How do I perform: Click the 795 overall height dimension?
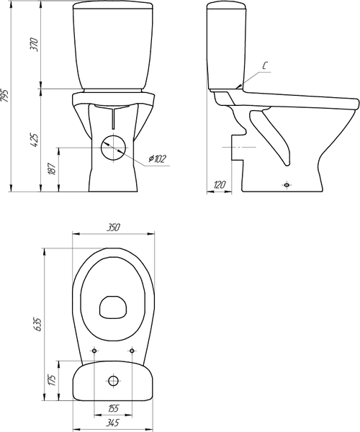[x=5, y=96]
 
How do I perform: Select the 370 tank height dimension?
[x=35, y=44]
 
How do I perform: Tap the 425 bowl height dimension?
[x=35, y=140]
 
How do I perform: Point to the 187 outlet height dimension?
[x=53, y=168]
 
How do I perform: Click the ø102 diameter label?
[x=158, y=158]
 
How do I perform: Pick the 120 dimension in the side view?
[x=220, y=184]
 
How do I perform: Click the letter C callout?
[x=264, y=66]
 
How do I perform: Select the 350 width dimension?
[x=113, y=228]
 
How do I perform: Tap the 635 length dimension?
[x=37, y=324]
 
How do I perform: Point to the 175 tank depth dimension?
[x=53, y=380]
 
